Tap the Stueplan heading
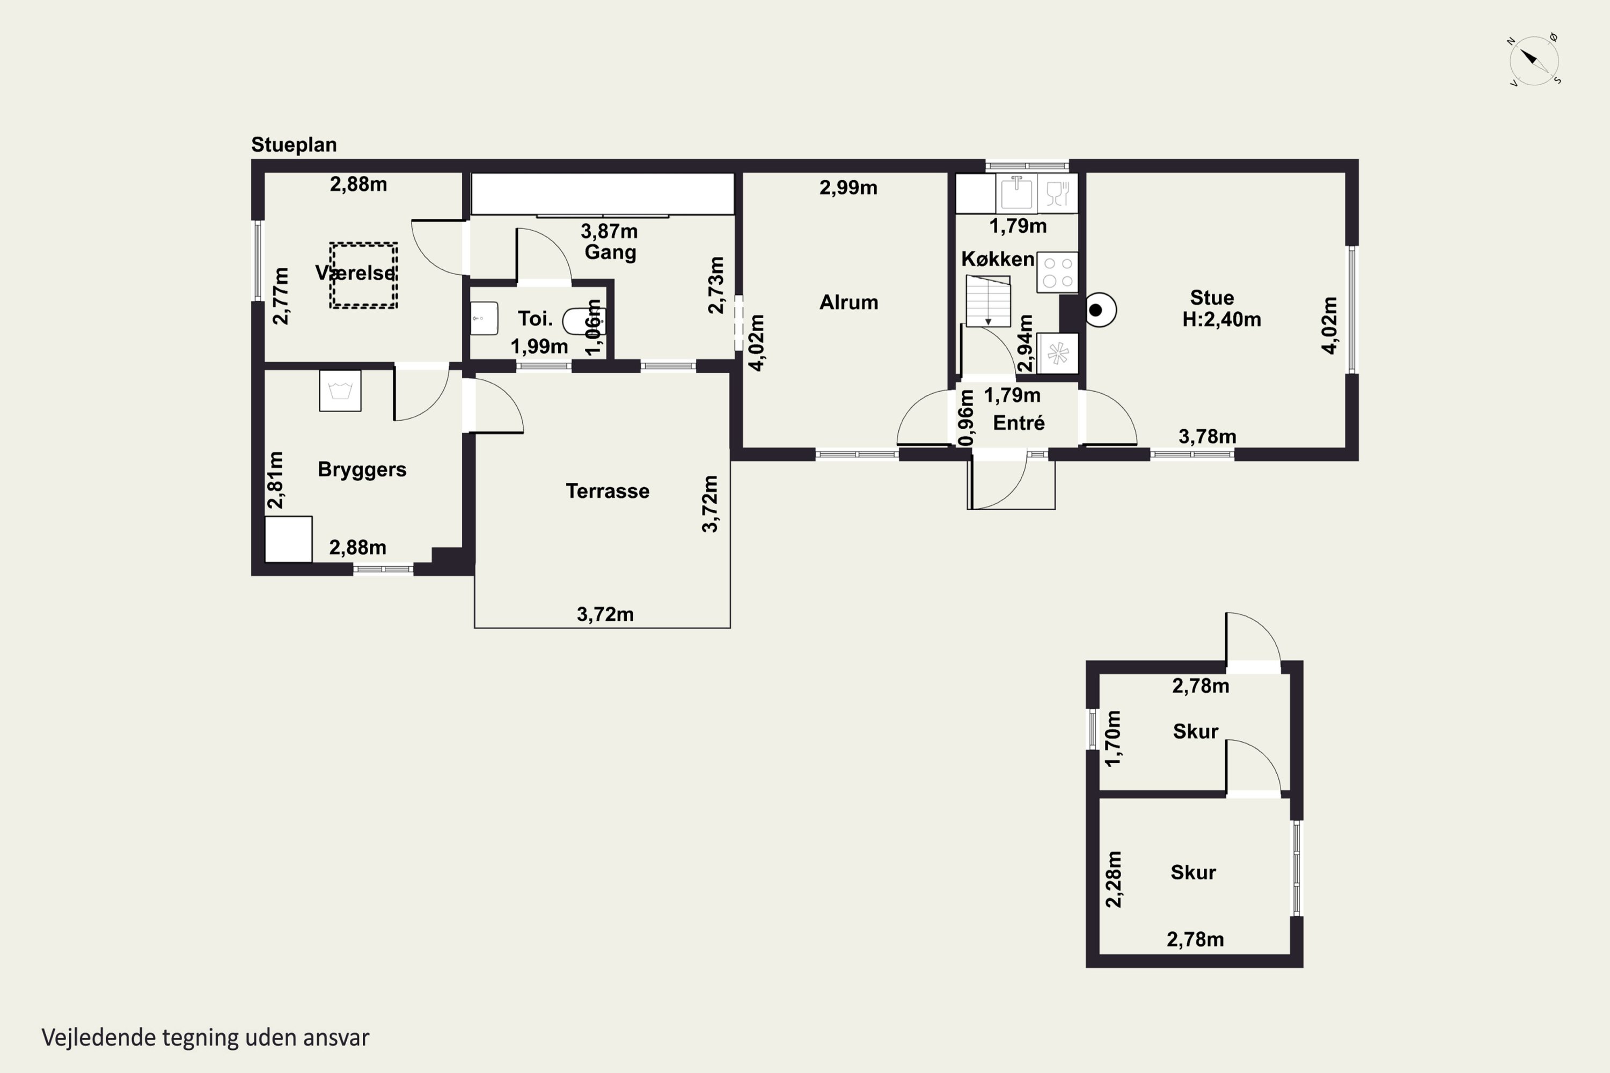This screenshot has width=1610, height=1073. [x=294, y=145]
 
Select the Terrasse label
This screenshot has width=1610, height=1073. [x=607, y=491]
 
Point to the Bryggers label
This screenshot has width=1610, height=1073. [x=362, y=469]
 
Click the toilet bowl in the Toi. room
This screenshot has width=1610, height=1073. [x=582, y=320]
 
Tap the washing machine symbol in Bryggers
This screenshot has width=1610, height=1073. [x=340, y=391]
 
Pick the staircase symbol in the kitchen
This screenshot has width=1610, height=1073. [x=989, y=301]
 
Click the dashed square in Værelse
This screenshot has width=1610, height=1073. [x=363, y=275]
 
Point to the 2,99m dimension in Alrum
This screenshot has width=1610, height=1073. [x=848, y=187]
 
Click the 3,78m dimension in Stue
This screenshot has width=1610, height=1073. [x=1207, y=437]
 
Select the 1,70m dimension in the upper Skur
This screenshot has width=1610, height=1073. [x=1114, y=738]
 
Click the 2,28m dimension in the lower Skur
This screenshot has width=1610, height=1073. [x=1114, y=879]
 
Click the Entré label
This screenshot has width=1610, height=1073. [x=1019, y=423]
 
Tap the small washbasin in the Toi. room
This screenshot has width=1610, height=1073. [x=484, y=318]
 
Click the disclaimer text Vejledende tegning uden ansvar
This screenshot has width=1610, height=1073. [x=206, y=1038]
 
